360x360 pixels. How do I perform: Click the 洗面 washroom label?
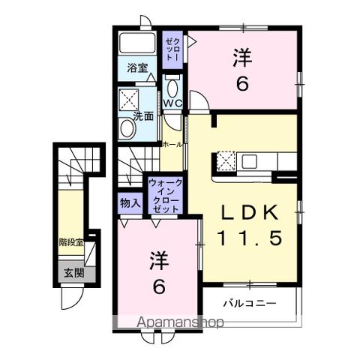[143, 115]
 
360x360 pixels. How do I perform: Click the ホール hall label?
[172, 142]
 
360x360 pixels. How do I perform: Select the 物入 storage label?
[130, 202]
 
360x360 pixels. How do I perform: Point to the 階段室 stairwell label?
[72, 241]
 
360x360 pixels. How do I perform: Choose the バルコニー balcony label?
[250, 304]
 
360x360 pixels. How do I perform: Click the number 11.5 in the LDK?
[250, 238]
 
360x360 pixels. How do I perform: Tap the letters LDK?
[250, 211]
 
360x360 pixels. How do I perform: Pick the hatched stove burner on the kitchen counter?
[226, 159]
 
